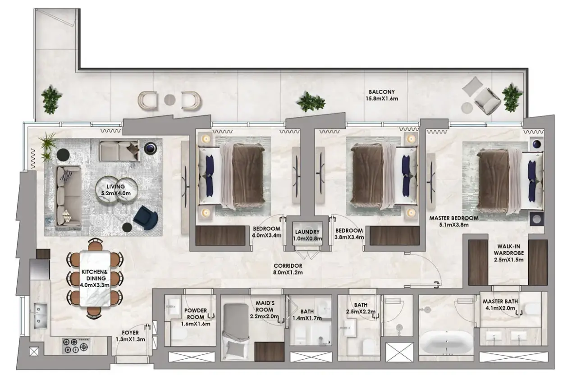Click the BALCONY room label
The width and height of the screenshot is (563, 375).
pyautogui.click(x=381, y=92)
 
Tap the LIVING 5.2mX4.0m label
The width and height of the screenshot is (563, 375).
pyautogui.click(x=116, y=190)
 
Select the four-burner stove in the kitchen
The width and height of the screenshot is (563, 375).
pyautogui.click(x=76, y=345)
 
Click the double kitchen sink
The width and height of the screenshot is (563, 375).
pyautogui.click(x=41, y=316)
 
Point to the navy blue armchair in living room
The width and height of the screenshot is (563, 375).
pyautogui.click(x=146, y=217)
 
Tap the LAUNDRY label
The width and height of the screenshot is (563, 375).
pyautogui.click(x=307, y=232)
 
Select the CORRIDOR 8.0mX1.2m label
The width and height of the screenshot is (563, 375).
pyautogui.click(x=288, y=269)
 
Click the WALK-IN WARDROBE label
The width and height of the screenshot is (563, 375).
pyautogui.click(x=509, y=250)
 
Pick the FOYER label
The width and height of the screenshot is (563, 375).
pyautogui.click(x=130, y=333)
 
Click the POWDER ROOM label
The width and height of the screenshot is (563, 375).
pyautogui.click(x=196, y=314)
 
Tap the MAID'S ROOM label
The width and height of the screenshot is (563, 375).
pyautogui.click(x=265, y=306)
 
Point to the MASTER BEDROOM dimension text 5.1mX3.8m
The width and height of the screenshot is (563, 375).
pyautogui.click(x=454, y=225)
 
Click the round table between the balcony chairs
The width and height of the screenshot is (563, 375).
pyautogui.click(x=170, y=100)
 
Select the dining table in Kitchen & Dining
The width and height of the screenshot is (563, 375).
pyautogui.click(x=95, y=279)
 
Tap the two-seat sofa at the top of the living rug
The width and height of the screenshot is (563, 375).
pyautogui.click(x=119, y=151)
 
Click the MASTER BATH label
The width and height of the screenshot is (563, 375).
pyautogui.click(x=500, y=302)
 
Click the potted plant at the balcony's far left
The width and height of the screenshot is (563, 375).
pyautogui.click(x=51, y=100)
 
